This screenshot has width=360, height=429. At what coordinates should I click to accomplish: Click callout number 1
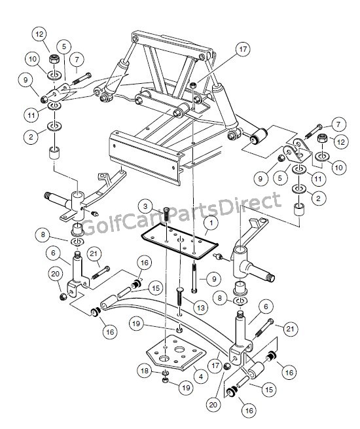tap(211, 223)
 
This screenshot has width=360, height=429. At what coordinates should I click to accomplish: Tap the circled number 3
tap(146, 206)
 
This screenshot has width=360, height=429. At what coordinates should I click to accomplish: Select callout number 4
tap(201, 377)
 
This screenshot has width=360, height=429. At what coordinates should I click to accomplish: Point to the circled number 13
tap(201, 308)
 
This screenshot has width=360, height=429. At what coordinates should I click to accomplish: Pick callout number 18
tap(145, 371)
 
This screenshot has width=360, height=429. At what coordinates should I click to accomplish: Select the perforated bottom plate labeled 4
tap(176, 352)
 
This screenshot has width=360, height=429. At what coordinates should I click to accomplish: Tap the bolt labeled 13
tap(180, 297)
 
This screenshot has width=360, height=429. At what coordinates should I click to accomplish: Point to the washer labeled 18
tap(165, 373)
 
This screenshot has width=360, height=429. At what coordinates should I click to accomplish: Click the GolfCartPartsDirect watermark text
tap(181, 214)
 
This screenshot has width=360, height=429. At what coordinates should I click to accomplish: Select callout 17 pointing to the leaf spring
tap(215, 365)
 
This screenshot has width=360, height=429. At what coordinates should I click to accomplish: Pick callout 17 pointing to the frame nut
tap(243, 50)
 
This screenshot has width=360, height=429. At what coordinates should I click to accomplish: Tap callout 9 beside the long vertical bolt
tap(214, 279)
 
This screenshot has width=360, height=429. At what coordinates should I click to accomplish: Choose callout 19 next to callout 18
tap(186, 388)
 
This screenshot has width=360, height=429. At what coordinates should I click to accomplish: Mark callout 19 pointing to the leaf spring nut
tap(136, 324)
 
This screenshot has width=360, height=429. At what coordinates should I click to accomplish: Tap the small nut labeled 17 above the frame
tap(193, 85)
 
